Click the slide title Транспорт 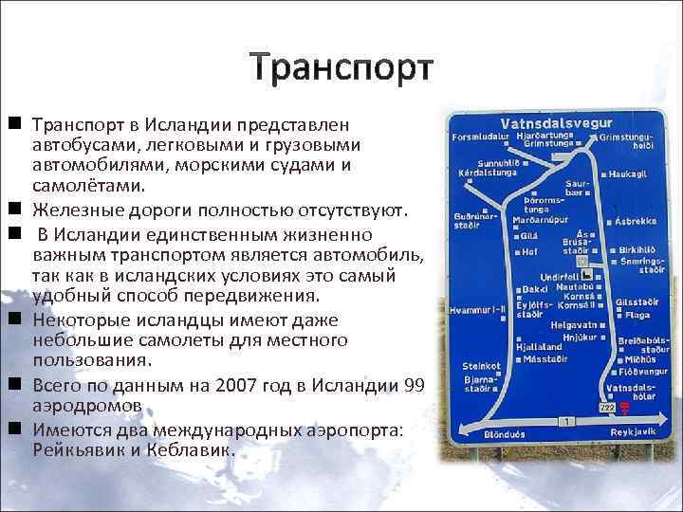(341, 68)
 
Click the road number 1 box (566, 419)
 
